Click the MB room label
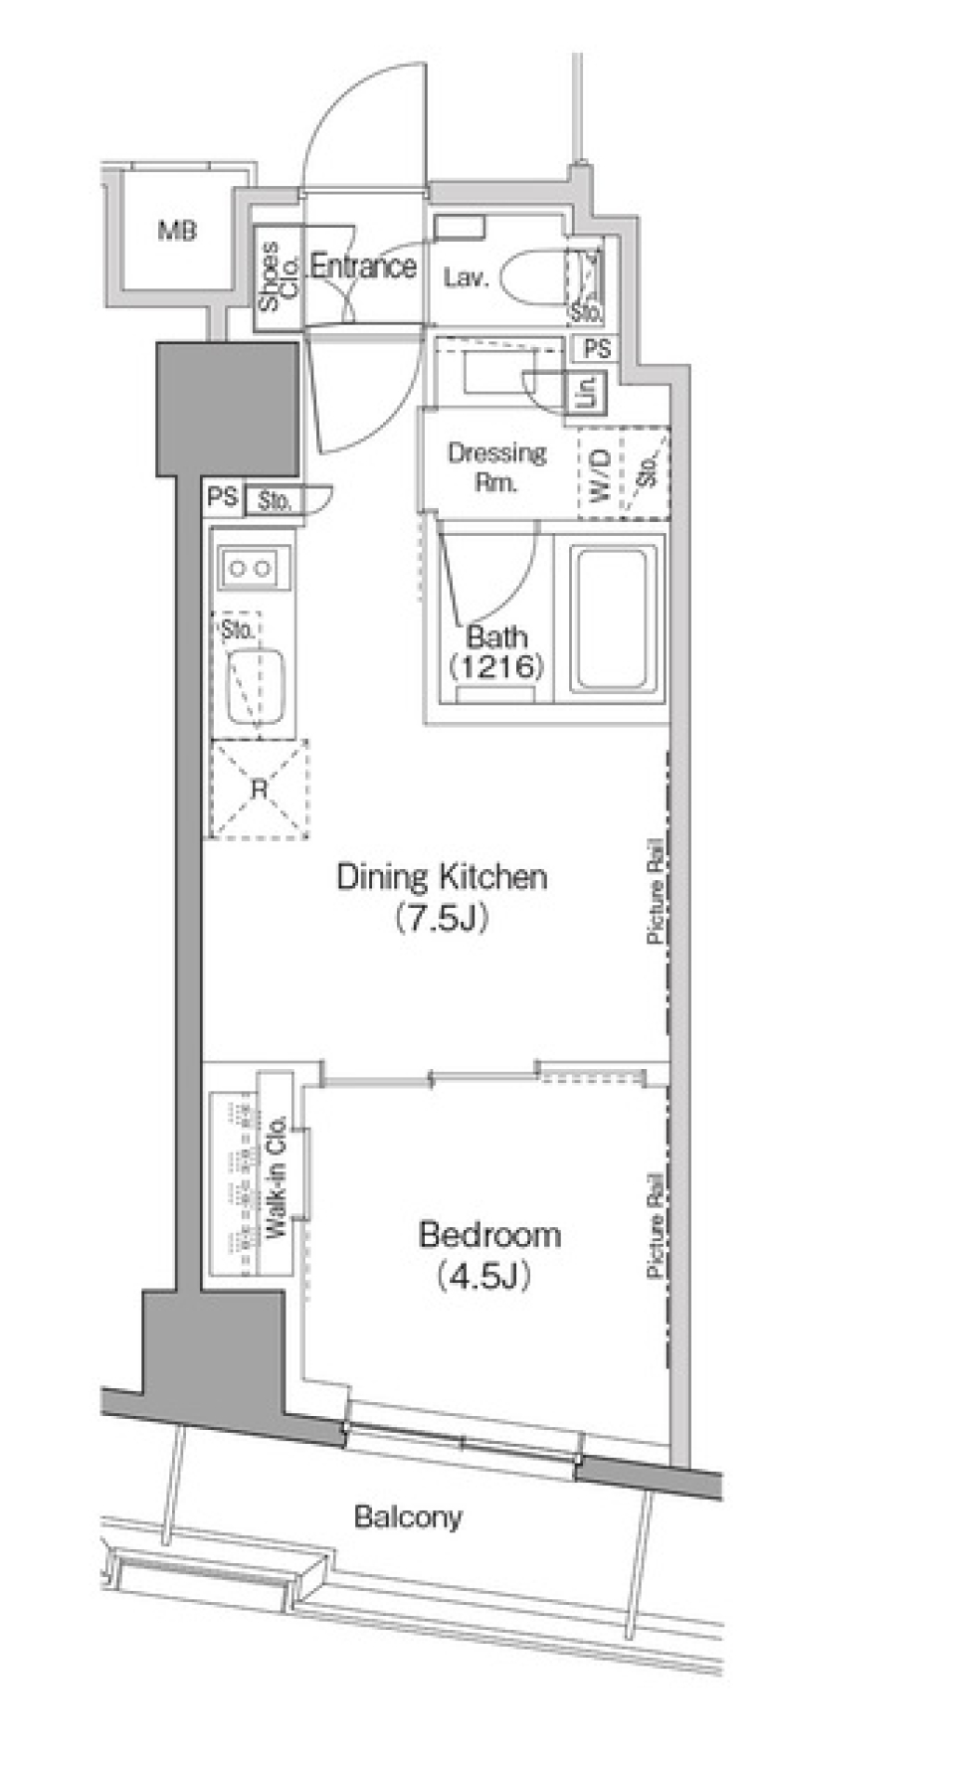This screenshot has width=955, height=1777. click(x=177, y=232)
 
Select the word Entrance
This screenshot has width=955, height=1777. click(x=363, y=267)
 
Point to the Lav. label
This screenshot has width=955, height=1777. click(x=466, y=278)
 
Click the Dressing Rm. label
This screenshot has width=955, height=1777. click(x=496, y=468)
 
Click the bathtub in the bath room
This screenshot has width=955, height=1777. click(x=616, y=622)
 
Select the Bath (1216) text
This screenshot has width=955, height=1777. click(x=496, y=651)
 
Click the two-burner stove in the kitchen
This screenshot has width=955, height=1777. click(x=250, y=570)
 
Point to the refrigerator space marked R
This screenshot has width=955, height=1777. click(x=259, y=791)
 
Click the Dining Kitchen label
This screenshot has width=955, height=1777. click(x=442, y=877)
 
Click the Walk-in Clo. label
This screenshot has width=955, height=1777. click(x=277, y=1176)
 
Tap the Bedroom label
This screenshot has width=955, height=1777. click(x=489, y=1235)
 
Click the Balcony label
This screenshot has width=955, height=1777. click(x=408, y=1517)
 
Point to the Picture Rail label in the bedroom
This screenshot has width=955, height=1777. click(x=655, y=1224)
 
